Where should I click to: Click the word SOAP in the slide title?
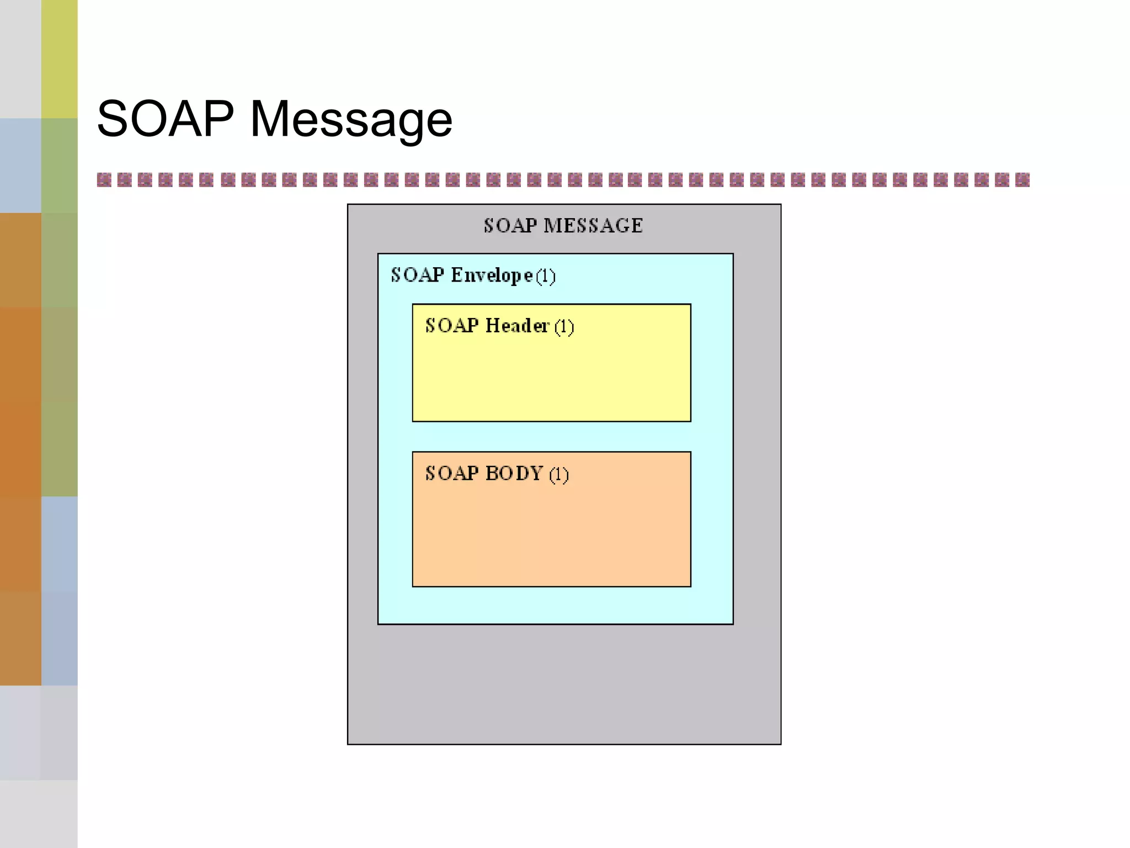[165, 119]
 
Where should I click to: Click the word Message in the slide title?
[351, 120]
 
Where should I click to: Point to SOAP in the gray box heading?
[510, 226]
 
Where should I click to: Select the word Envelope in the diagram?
[492, 275]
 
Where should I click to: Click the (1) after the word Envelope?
[546, 276]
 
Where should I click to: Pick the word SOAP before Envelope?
[417, 275]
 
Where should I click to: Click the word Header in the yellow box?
[517, 326]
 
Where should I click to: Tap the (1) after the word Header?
[564, 327]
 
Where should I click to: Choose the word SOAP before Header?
[452, 326]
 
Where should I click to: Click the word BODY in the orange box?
[514, 474]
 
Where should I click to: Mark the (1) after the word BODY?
[558, 475]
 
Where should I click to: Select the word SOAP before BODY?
[452, 474]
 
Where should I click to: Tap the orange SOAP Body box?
[551, 530]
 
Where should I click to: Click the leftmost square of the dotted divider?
[104, 180]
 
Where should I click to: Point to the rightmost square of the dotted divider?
[1022, 180]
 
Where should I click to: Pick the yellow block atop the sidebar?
[60, 59]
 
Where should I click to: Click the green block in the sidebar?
[60, 166]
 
